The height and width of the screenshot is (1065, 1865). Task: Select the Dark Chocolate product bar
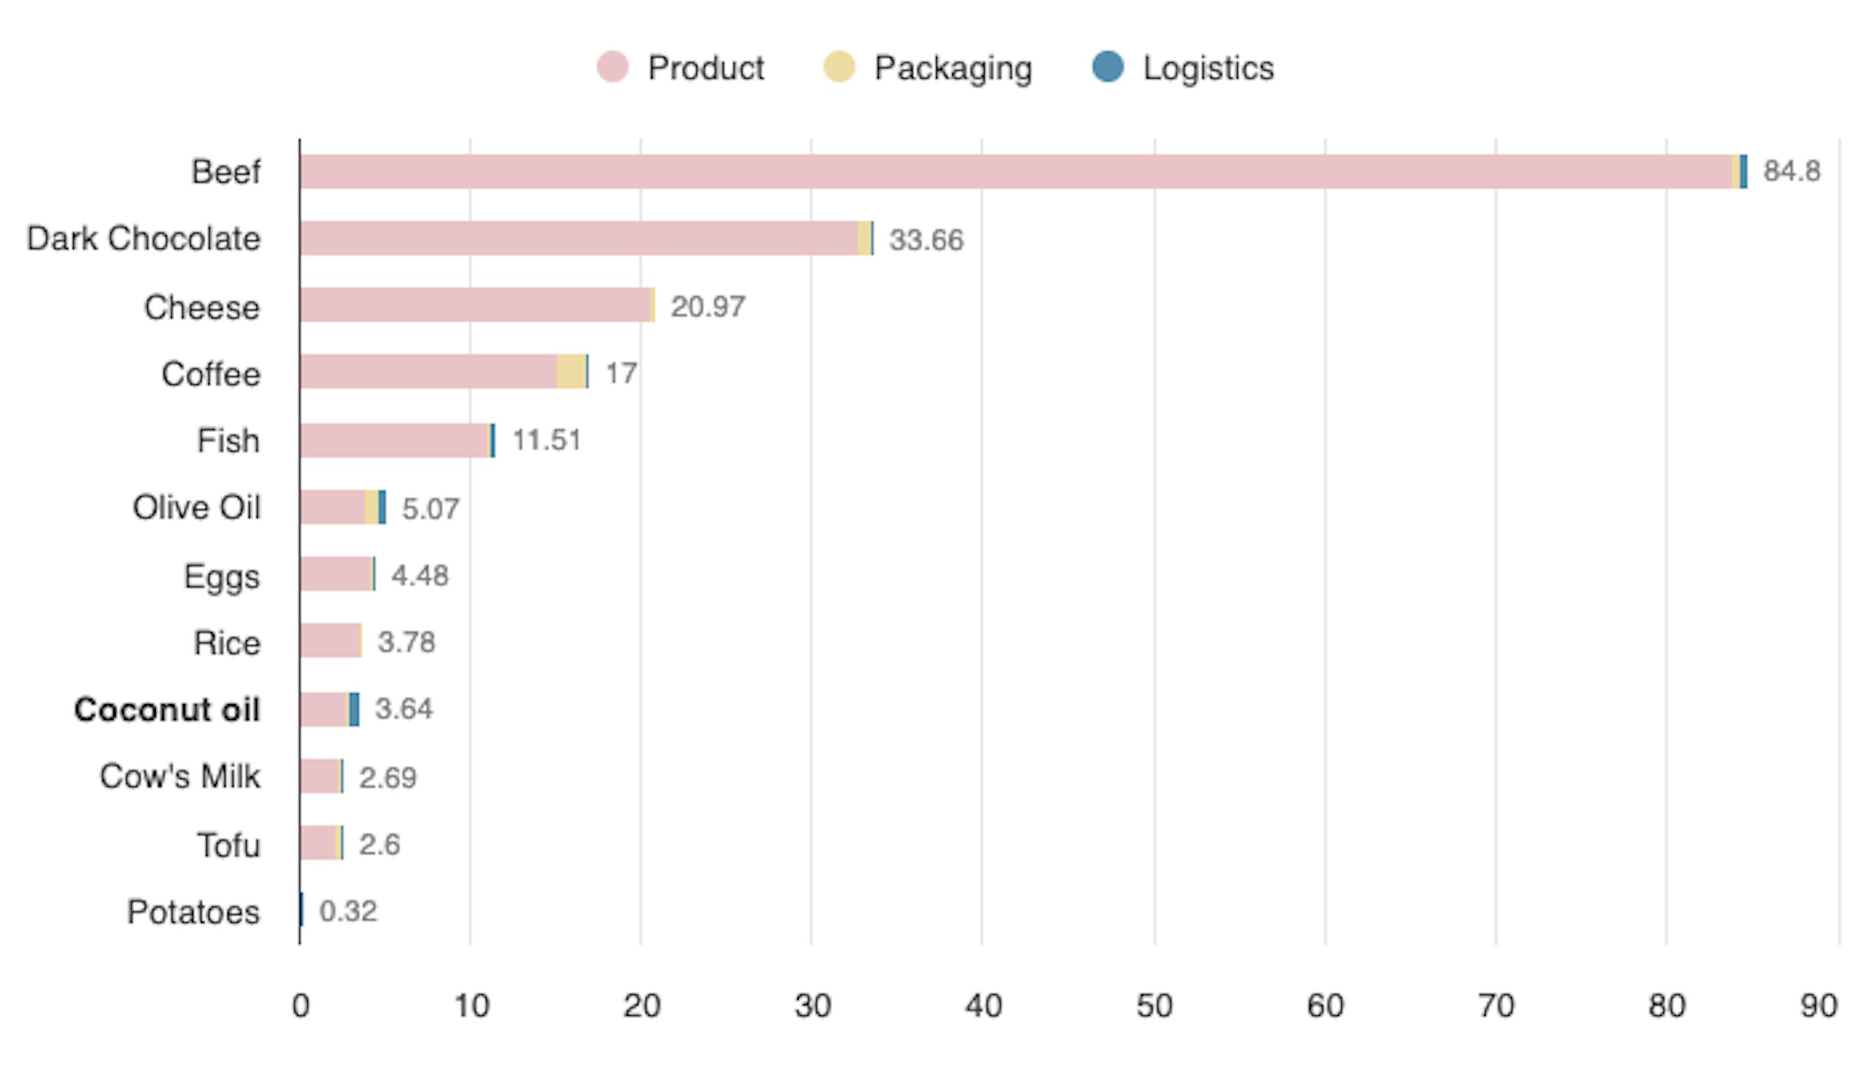click(578, 239)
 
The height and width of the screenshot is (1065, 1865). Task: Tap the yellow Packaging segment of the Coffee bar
click(571, 372)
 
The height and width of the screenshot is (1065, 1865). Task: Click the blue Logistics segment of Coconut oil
click(354, 710)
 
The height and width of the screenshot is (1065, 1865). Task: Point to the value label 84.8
click(1791, 171)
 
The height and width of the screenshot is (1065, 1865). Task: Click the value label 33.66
click(926, 240)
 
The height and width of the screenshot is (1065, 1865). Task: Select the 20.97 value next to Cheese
click(707, 306)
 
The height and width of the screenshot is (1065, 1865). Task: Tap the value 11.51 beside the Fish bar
click(546, 441)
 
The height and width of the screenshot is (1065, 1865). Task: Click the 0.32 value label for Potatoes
click(348, 912)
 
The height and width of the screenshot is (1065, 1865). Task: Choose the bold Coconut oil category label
click(167, 710)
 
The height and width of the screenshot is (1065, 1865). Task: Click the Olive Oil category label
click(196, 508)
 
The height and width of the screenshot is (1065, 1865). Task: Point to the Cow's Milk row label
click(180, 777)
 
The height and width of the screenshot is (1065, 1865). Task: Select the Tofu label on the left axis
click(228, 846)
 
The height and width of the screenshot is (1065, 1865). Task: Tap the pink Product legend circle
click(612, 67)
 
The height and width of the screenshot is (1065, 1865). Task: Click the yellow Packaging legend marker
click(839, 67)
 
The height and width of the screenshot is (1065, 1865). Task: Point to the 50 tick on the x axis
click(1154, 1007)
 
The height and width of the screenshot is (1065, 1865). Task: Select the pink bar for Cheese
click(476, 305)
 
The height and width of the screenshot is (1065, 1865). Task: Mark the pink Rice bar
click(330, 641)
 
